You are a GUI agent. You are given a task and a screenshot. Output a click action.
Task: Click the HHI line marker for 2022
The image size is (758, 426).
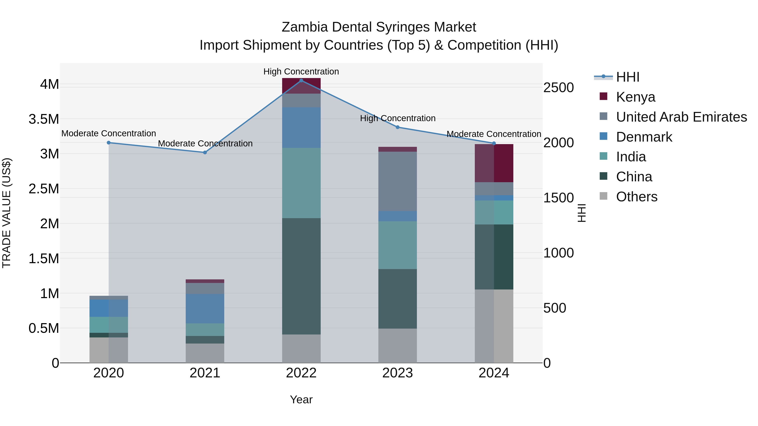tap(301, 80)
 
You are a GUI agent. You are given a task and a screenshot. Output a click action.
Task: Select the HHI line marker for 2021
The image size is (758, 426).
tap(205, 152)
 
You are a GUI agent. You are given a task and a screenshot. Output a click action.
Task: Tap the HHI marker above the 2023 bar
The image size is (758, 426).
tap(397, 127)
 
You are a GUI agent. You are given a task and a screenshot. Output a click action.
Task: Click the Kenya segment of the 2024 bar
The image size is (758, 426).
tap(494, 163)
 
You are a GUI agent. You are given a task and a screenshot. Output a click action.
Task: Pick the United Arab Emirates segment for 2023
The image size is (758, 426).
tap(397, 181)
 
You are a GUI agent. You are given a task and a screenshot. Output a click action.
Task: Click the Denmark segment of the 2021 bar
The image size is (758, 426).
tap(205, 308)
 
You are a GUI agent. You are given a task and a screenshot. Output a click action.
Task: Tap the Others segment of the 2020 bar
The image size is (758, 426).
tap(109, 350)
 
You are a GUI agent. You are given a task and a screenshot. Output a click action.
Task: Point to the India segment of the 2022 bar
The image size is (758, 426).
tap(301, 183)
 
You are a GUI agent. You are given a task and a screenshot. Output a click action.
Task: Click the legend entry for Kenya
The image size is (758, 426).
tap(636, 97)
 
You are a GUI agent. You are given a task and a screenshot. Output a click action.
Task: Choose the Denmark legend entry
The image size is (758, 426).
tap(644, 137)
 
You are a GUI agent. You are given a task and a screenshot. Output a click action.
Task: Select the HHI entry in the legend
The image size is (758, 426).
tap(628, 77)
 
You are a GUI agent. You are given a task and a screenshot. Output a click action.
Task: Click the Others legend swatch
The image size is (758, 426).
tap(603, 196)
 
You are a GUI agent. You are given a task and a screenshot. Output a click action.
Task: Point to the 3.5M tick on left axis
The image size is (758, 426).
tap(44, 119)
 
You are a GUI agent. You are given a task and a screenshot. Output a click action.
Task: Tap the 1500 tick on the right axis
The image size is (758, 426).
tap(558, 198)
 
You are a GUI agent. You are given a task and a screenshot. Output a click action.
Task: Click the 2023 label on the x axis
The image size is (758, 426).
tap(397, 373)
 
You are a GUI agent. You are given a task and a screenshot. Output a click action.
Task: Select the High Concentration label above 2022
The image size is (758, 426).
tap(301, 72)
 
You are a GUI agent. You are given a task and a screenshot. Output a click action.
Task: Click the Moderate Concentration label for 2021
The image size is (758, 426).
tap(205, 143)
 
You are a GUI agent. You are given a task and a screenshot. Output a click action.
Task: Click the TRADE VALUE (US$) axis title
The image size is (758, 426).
tap(7, 213)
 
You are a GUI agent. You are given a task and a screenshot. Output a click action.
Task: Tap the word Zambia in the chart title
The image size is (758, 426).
tap(304, 27)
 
